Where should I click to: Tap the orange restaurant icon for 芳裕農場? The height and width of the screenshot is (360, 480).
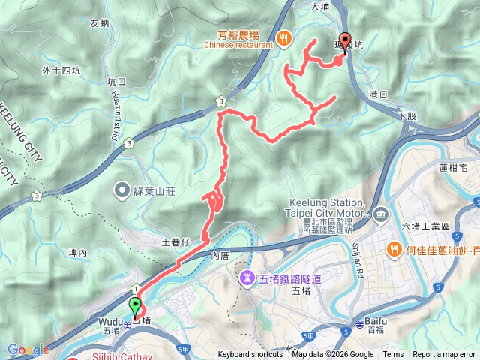(x=283, y=39)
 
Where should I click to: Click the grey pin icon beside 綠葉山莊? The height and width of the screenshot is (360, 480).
(x=122, y=190)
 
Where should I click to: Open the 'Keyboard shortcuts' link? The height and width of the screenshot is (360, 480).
(x=250, y=355)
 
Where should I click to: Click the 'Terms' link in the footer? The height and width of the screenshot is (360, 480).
(x=393, y=355)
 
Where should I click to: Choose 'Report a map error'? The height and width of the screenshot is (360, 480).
(x=444, y=355)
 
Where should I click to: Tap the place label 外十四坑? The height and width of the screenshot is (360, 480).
(x=61, y=71)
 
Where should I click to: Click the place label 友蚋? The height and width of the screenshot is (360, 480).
(x=100, y=23)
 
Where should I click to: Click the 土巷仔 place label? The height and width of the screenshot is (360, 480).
(x=178, y=242)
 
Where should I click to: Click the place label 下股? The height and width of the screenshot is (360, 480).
(x=407, y=116)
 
